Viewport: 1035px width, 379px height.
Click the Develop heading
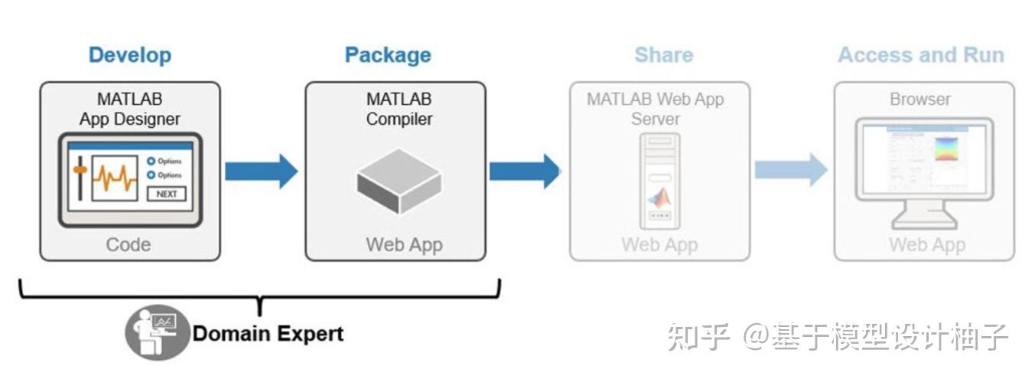tap(129, 55)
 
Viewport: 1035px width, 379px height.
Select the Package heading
tap(388, 55)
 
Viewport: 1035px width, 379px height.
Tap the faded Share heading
tap(663, 55)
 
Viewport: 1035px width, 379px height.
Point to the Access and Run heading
tap(920, 55)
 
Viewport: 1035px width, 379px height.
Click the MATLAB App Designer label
tap(129, 109)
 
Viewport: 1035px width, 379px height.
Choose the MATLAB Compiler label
tap(399, 109)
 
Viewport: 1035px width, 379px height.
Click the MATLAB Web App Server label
tap(655, 109)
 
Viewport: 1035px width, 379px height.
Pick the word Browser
tap(920, 100)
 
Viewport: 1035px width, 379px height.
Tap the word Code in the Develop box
tap(128, 245)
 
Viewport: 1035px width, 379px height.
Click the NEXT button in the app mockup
tap(167, 194)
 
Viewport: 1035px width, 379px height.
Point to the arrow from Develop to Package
tap(261, 171)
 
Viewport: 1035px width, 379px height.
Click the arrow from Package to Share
tap(525, 171)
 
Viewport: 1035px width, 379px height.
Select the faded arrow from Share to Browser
tap(790, 169)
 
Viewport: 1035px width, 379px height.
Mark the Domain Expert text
tap(268, 334)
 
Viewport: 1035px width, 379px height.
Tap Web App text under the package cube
tap(404, 245)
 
